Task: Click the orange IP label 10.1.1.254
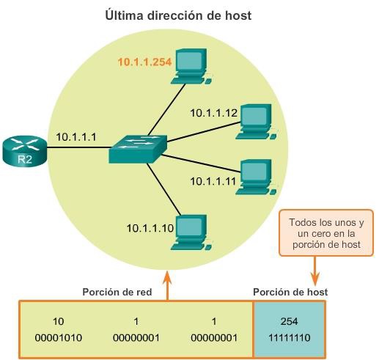click(x=144, y=63)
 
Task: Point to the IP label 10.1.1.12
click(x=214, y=112)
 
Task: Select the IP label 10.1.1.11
click(x=214, y=180)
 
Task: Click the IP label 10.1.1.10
click(x=150, y=228)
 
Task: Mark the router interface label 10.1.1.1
click(x=77, y=136)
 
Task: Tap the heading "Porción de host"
click(x=290, y=292)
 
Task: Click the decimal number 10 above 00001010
click(x=59, y=321)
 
